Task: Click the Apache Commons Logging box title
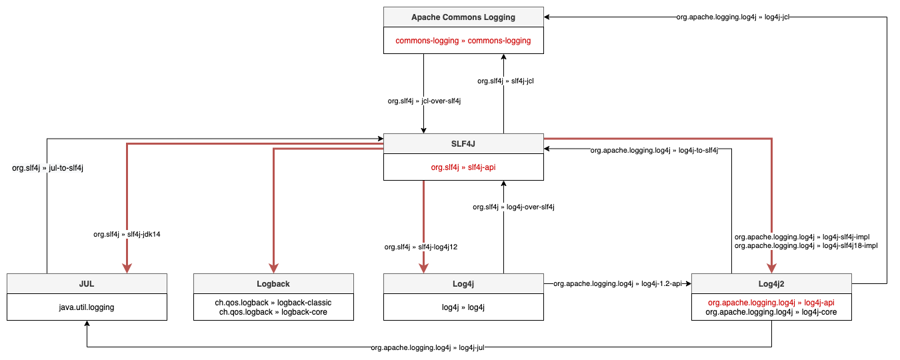463,17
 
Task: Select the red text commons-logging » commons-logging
463,41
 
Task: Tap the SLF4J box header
463,144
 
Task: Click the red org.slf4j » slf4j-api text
463,167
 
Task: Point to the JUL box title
87,283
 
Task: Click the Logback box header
273,283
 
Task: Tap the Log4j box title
463,283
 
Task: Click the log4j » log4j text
463,307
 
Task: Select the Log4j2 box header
771,283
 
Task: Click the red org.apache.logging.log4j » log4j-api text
771,302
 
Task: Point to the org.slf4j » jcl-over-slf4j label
425,101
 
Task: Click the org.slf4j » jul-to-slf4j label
47,168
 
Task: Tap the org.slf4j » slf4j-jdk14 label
127,234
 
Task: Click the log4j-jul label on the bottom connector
427,347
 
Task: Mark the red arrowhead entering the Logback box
273,267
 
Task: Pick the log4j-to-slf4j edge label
654,151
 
